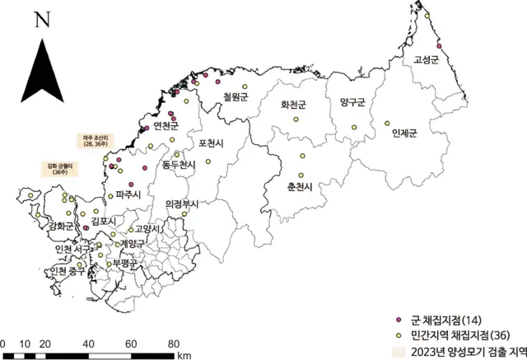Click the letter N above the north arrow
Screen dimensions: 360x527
pyautogui.click(x=38, y=21)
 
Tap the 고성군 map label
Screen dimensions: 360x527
pyautogui.click(x=427, y=59)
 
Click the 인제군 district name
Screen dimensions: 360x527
pyautogui.click(x=405, y=133)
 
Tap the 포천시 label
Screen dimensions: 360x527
pyautogui.click(x=212, y=143)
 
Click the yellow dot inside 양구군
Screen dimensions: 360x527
pyautogui.click(x=354, y=127)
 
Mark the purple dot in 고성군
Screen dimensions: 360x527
pyautogui.click(x=440, y=46)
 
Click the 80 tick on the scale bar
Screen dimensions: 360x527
pyautogui.click(x=175, y=343)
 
